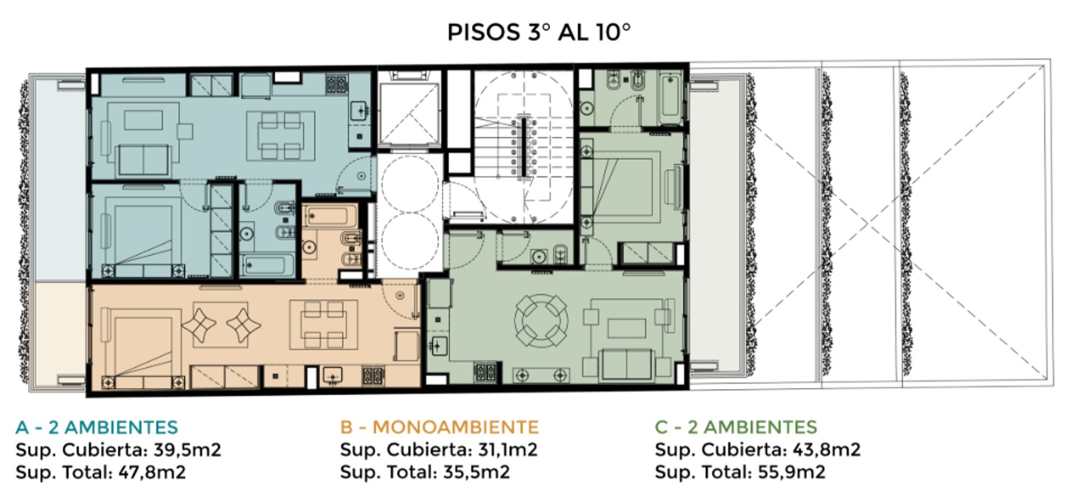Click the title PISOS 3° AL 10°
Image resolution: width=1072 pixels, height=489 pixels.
pyautogui.click(x=539, y=32)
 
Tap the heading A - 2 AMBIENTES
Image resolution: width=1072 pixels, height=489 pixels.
pyautogui.click(x=97, y=427)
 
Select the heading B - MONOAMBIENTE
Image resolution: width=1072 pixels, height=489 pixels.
pyautogui.click(x=439, y=427)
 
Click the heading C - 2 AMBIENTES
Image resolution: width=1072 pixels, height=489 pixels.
pyautogui.click(x=736, y=427)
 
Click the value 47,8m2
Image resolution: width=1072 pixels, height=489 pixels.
pyautogui.click(x=152, y=472)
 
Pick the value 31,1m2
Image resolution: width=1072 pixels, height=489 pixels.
pyautogui.click(x=508, y=449)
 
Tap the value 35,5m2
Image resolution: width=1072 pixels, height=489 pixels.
pyautogui.click(x=476, y=472)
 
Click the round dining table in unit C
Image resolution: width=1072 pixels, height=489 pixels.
pyautogui.click(x=542, y=321)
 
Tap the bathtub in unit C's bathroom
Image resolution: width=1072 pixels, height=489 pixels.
pyautogui.click(x=670, y=99)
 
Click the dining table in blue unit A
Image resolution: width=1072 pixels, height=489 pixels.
pyautogui.click(x=281, y=136)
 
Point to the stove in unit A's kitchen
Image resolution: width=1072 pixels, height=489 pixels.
pyautogui.click(x=337, y=84)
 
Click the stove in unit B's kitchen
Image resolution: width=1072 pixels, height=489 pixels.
pyautogui.click(x=373, y=375)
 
